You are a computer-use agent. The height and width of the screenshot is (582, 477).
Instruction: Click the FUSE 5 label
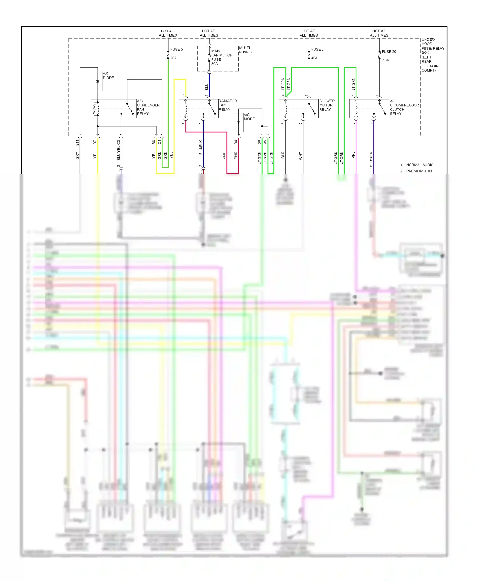[x=176, y=49]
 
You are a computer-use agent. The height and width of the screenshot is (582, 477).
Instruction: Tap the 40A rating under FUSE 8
[x=314, y=58]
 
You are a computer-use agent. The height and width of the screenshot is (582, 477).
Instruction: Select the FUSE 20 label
[x=389, y=52]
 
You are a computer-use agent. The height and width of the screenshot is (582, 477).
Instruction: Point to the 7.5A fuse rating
[x=385, y=60]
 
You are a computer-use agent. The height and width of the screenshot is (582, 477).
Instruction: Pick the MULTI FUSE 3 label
[x=245, y=50]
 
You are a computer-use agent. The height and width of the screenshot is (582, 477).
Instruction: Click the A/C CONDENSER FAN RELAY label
[x=148, y=107]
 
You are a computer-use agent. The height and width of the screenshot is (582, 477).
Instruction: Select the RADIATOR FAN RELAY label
[x=227, y=105]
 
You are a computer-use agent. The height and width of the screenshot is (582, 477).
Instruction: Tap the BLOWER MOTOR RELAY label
[x=327, y=105]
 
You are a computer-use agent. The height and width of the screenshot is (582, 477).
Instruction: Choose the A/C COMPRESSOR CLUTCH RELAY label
[x=404, y=107]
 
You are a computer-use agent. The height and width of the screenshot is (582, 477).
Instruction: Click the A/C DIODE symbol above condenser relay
[x=98, y=82]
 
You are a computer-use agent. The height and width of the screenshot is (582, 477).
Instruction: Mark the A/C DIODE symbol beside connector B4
[x=238, y=123]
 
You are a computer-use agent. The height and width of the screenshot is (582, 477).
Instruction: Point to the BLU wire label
[x=206, y=87]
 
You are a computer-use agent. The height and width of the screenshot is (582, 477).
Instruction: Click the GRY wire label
[x=77, y=156]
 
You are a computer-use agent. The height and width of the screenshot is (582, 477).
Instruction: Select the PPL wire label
[x=353, y=155]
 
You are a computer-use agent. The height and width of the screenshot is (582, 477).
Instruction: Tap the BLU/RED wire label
[x=371, y=159]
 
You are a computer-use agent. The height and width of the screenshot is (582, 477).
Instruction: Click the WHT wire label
[x=300, y=156]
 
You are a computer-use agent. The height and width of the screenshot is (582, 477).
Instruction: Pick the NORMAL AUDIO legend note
[x=419, y=165]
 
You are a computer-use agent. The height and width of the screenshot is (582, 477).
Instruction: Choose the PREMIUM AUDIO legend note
[x=420, y=171]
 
